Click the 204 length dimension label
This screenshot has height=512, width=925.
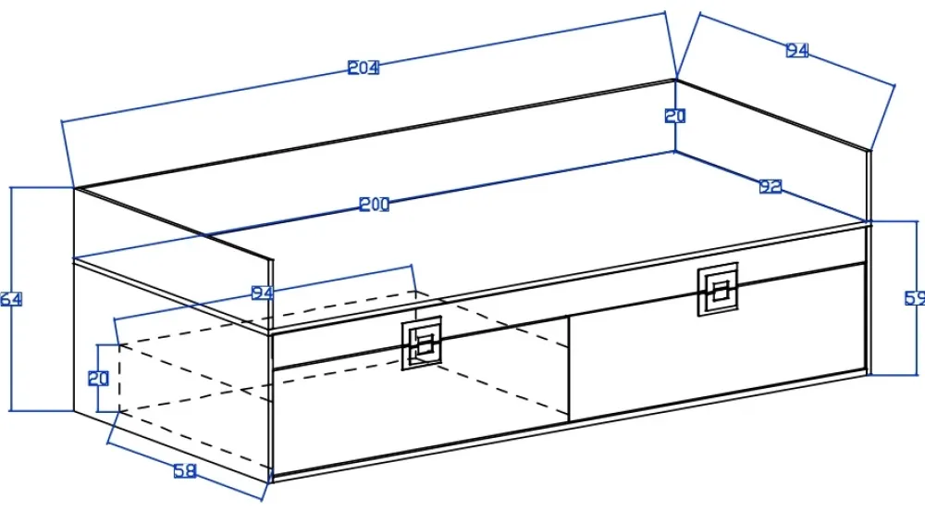tap(364, 68)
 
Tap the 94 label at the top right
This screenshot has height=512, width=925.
tap(797, 51)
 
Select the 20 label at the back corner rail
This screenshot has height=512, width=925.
tap(675, 117)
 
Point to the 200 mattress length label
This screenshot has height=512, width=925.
tap(374, 206)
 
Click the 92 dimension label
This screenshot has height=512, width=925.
tap(771, 187)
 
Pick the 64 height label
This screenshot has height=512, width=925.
tap(10, 300)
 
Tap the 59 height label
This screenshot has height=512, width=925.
tap(914, 298)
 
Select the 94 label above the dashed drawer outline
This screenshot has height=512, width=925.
tap(263, 293)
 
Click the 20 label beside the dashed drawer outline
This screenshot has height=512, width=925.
tap(99, 378)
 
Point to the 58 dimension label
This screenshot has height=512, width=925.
tap(185, 471)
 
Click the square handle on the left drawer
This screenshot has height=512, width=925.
tap(422, 343)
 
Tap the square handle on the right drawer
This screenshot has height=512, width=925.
tap(718, 289)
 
